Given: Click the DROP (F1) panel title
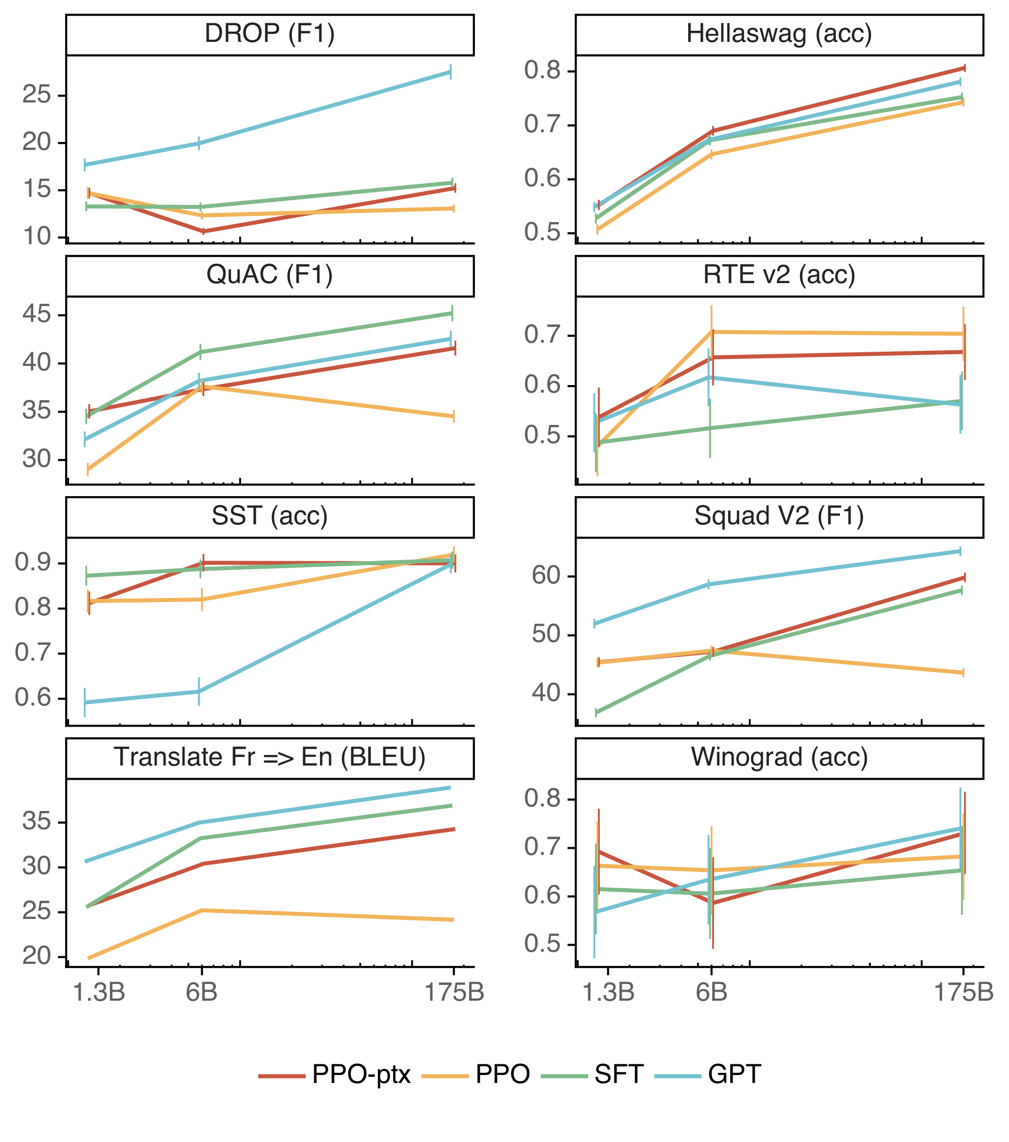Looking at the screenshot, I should click(x=269, y=34).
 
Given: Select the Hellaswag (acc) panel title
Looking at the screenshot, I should click(x=779, y=34).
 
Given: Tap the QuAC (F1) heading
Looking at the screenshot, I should click(x=269, y=275).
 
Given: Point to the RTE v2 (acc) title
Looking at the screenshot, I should click(x=779, y=275).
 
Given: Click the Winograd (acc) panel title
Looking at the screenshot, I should click(x=779, y=757).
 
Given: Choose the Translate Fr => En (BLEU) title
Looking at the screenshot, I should click(x=269, y=757).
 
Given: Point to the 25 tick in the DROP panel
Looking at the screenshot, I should click(x=36, y=95).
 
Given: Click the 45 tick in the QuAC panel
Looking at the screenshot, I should click(x=36, y=314).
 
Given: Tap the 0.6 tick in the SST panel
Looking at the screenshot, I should click(x=33, y=698).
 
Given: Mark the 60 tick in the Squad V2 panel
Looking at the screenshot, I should click(x=546, y=575).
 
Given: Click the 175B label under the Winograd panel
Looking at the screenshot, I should click(x=963, y=992).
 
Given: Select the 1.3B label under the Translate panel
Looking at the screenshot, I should click(x=99, y=992).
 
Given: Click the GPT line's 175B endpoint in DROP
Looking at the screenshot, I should click(x=451, y=72).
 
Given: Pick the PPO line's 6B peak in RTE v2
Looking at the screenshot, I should click(x=712, y=332).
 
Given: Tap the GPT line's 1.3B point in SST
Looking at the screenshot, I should click(x=85, y=702).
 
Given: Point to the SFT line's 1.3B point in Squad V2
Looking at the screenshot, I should click(x=597, y=713).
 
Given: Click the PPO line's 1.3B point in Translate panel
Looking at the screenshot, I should click(x=89, y=958).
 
